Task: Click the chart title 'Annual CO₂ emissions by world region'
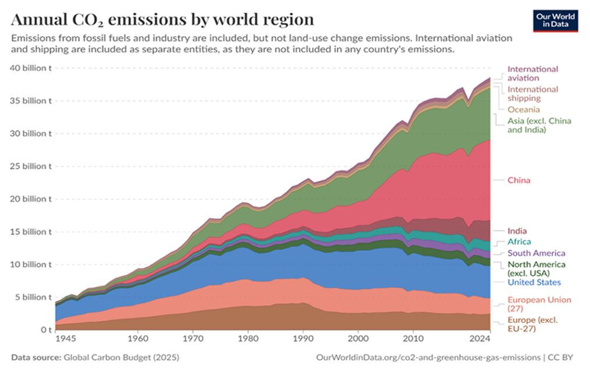click(162, 19)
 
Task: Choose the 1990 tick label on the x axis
click(303, 338)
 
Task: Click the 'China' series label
click(519, 180)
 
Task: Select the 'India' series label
click(517, 231)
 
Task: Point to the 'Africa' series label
click(519, 242)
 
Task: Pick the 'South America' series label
click(536, 253)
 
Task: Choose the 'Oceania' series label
click(524, 109)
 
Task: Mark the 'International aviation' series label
click(533, 73)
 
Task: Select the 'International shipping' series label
click(533, 94)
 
